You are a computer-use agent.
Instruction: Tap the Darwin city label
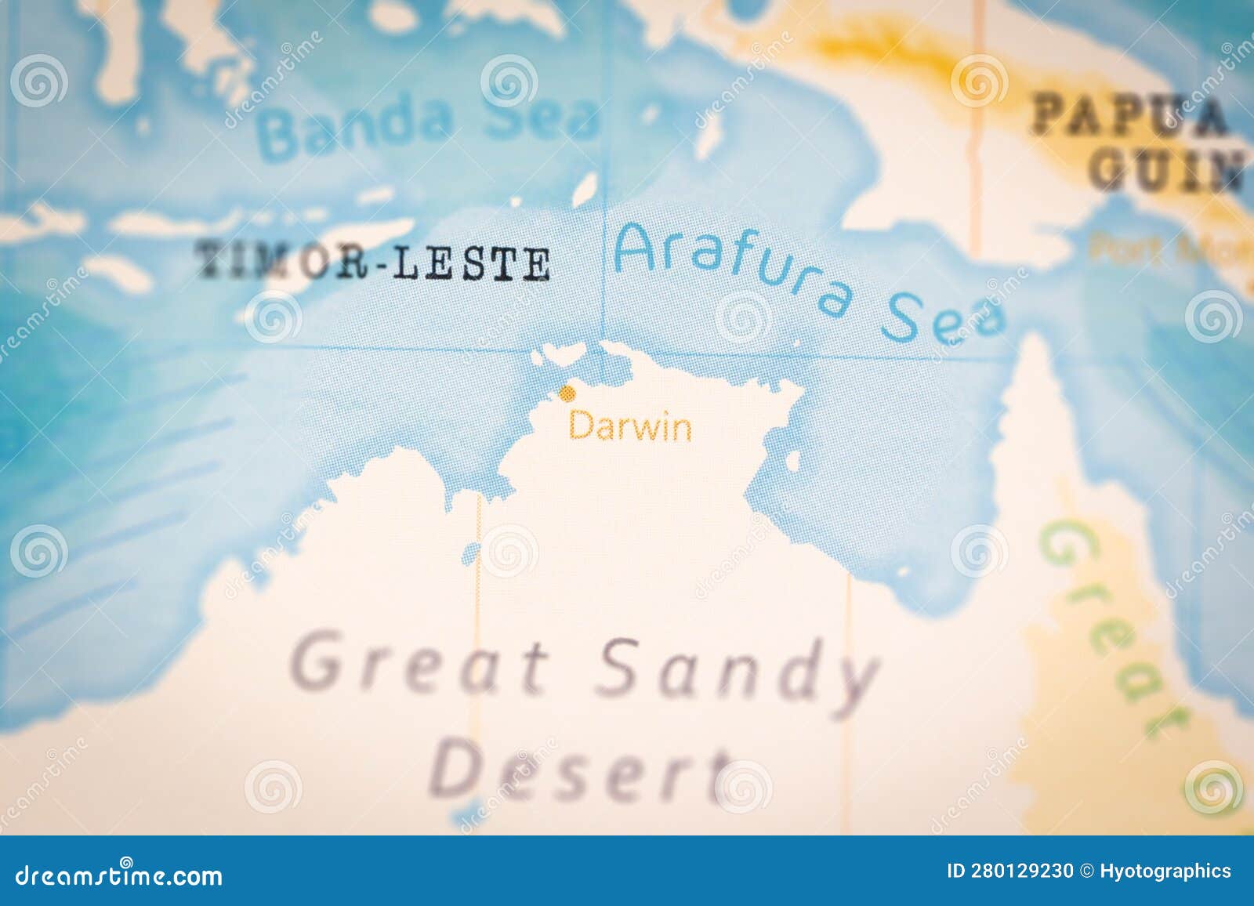[x=630, y=428]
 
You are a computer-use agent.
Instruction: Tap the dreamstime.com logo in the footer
[x=118, y=874]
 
